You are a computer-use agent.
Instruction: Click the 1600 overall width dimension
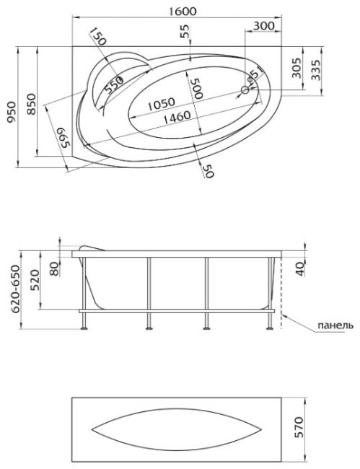(183, 11)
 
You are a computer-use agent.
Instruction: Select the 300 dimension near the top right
(263, 26)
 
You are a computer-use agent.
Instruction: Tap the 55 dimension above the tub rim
(185, 31)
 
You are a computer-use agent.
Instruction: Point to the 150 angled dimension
(98, 36)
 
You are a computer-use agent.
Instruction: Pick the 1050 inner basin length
(161, 103)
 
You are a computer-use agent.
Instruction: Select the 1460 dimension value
(177, 116)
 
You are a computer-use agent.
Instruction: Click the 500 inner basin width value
(198, 88)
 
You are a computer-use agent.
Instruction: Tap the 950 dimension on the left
(12, 112)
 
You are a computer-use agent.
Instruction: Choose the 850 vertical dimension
(32, 105)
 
